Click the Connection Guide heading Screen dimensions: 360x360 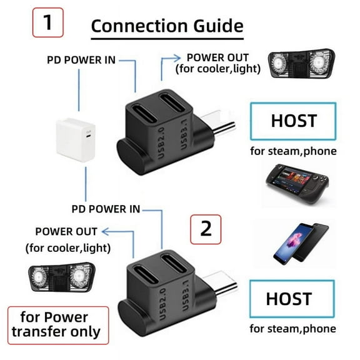pos(166,26)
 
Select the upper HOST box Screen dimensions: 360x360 pos(293,121)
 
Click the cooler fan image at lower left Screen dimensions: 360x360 pos(61,279)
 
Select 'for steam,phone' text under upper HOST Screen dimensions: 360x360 pos(293,151)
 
